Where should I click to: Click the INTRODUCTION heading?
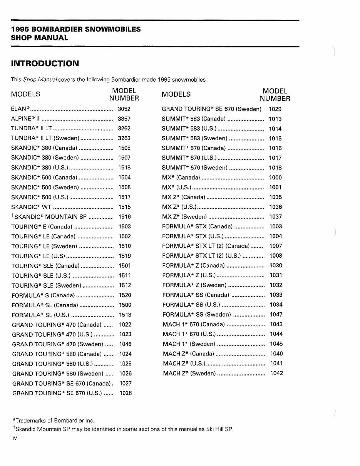tap(45, 63)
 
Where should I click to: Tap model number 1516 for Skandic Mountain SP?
tap(124, 217)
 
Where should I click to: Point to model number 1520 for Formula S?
tap(125, 295)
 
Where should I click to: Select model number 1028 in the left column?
tap(126, 393)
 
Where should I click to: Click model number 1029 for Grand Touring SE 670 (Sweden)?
tap(275, 109)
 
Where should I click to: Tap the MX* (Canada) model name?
tap(181, 178)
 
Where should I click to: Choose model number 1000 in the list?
tap(275, 178)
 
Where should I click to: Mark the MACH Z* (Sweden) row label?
tap(189, 373)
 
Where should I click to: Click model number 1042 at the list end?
tap(276, 373)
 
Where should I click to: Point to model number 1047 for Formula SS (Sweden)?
tap(276, 315)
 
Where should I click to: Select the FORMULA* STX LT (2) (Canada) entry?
tap(206, 246)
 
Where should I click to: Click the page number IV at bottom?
tap(15, 438)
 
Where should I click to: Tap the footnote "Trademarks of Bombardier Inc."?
tap(54, 421)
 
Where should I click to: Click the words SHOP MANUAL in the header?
tap(40, 38)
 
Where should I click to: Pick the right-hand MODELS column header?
tap(176, 94)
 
